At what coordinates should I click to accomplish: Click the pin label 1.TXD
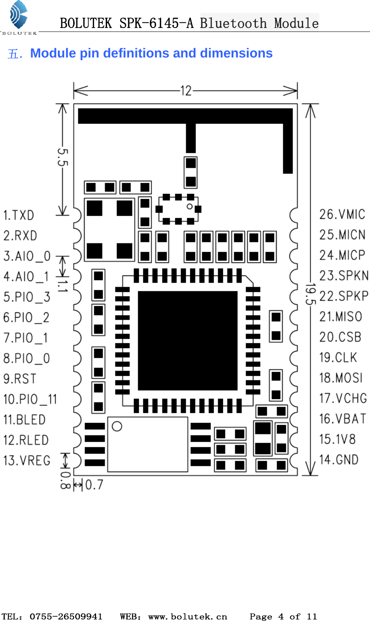[18, 215]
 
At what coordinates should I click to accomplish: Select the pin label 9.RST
[20, 378]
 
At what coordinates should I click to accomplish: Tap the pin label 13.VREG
[27, 460]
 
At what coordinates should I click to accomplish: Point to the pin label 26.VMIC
[342, 214]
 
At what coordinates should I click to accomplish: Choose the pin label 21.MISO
[340, 316]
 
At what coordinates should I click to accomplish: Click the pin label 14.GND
[339, 460]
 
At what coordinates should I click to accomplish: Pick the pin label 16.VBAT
[342, 419]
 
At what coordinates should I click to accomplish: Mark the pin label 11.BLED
[24, 419]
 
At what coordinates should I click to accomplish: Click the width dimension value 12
[186, 91]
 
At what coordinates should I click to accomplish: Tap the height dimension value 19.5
[311, 294]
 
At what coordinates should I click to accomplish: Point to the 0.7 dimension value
[94, 484]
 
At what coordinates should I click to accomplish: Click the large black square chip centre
[187, 341]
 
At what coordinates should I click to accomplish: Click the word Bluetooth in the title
[233, 23]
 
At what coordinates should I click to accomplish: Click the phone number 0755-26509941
[66, 616]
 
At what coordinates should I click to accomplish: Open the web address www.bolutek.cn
[187, 616]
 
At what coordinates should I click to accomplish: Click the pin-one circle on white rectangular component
[117, 426]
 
